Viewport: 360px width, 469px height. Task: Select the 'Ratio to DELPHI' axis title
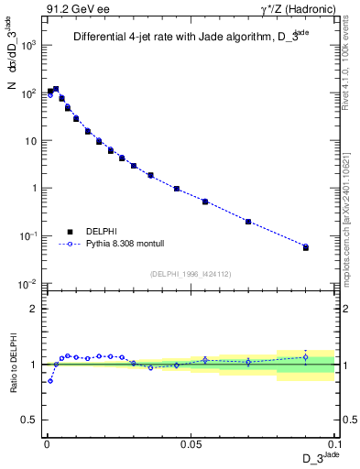click(x=11, y=364)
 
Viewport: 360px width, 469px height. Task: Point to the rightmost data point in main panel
click(x=306, y=247)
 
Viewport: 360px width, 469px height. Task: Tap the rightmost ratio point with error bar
click(x=306, y=357)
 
